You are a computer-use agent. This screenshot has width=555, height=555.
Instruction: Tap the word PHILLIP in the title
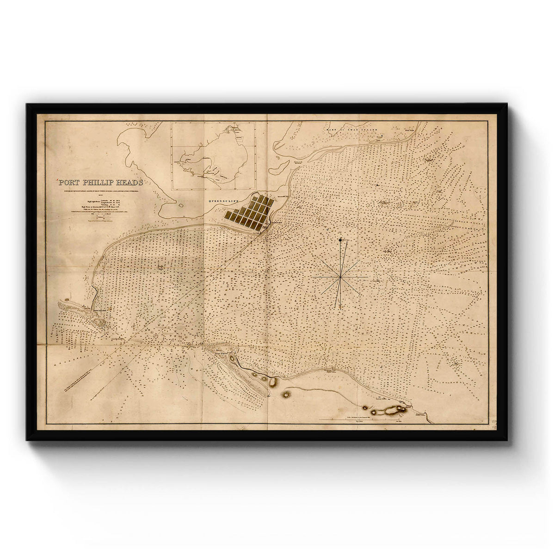tap(97, 182)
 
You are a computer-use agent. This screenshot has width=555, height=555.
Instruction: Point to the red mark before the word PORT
tap(57, 180)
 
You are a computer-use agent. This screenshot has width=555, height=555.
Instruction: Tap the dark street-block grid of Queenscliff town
tap(249, 212)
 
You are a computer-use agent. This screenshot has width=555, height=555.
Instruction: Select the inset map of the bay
tap(213, 155)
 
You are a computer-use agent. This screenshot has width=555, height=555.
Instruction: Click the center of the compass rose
tap(340, 276)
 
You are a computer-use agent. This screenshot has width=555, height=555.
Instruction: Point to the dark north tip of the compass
tap(341, 239)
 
